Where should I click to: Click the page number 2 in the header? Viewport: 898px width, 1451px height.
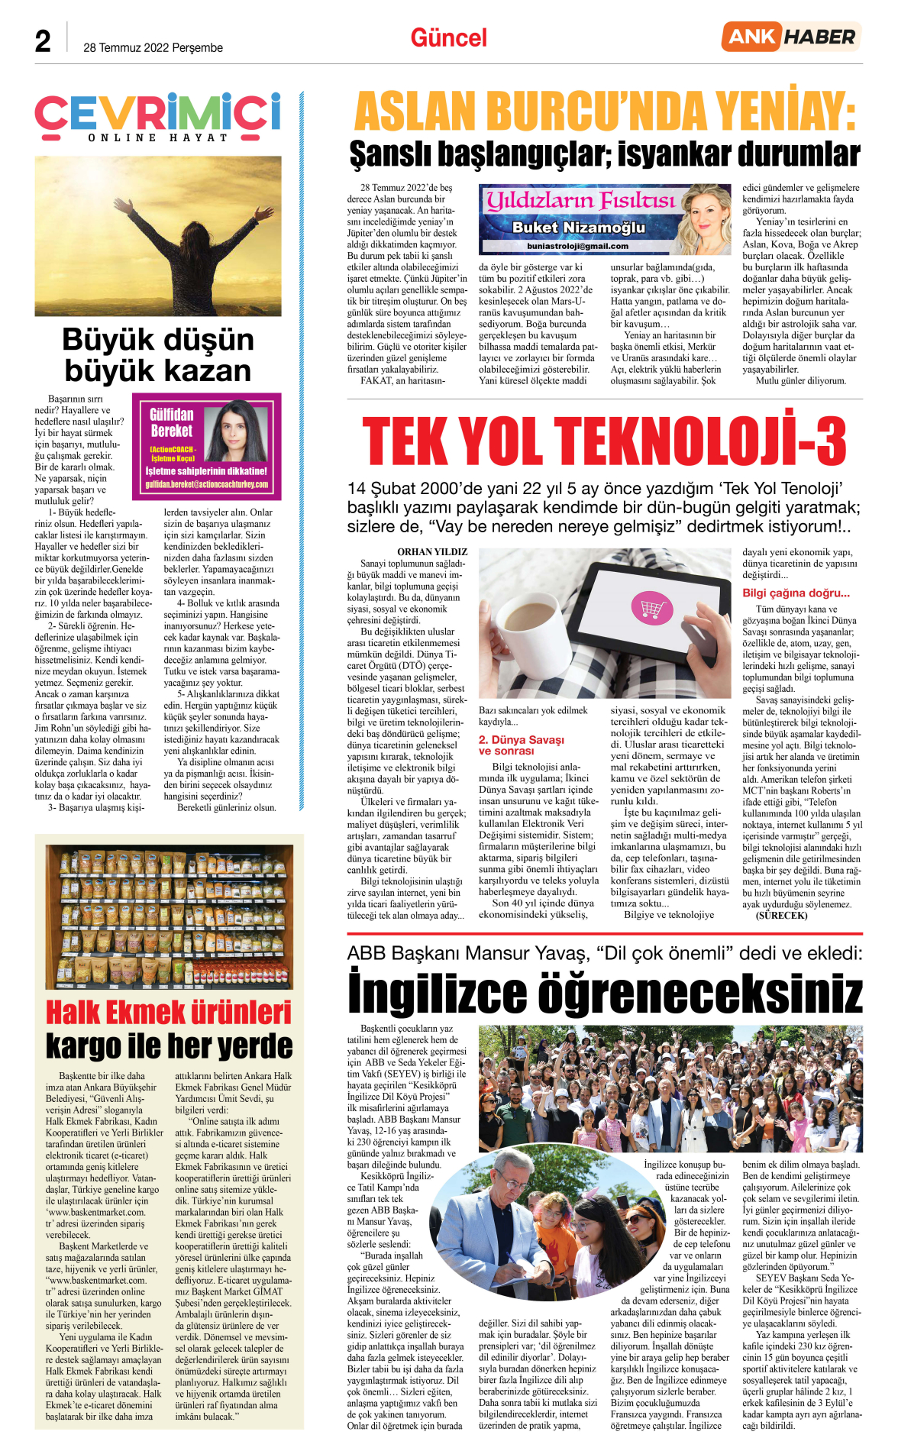pos(43,41)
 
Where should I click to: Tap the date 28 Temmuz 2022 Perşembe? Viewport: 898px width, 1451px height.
pos(153,47)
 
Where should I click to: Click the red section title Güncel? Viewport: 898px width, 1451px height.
pos(448,38)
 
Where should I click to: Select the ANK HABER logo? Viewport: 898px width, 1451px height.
pos(791,37)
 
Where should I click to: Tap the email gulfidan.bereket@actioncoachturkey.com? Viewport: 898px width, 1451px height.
pos(207,484)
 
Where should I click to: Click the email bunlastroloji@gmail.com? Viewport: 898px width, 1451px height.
pos(577,246)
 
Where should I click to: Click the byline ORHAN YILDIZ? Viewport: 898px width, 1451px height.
pos(432,551)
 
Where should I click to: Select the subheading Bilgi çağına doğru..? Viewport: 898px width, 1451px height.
pos(796,593)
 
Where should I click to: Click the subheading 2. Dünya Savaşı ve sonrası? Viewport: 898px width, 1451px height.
pos(522,745)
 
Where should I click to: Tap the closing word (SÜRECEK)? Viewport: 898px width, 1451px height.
pos(781,915)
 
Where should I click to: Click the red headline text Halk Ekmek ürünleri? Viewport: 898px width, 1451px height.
pos(169,1012)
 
